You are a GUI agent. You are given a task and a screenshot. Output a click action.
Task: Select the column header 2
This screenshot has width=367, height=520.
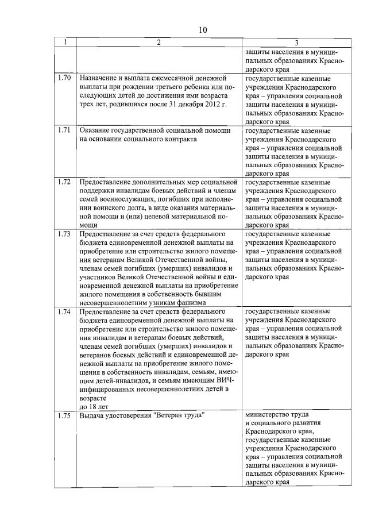(x=159, y=42)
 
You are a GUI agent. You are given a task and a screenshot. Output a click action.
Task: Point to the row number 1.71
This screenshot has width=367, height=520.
(x=64, y=130)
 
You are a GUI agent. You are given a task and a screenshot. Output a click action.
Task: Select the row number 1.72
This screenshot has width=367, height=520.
(x=64, y=182)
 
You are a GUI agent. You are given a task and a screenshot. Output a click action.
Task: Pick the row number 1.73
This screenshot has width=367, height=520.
(x=64, y=234)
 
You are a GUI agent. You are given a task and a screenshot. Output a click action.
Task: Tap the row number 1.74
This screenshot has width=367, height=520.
(x=64, y=311)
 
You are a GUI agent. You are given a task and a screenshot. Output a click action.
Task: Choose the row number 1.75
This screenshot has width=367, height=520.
(x=64, y=415)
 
